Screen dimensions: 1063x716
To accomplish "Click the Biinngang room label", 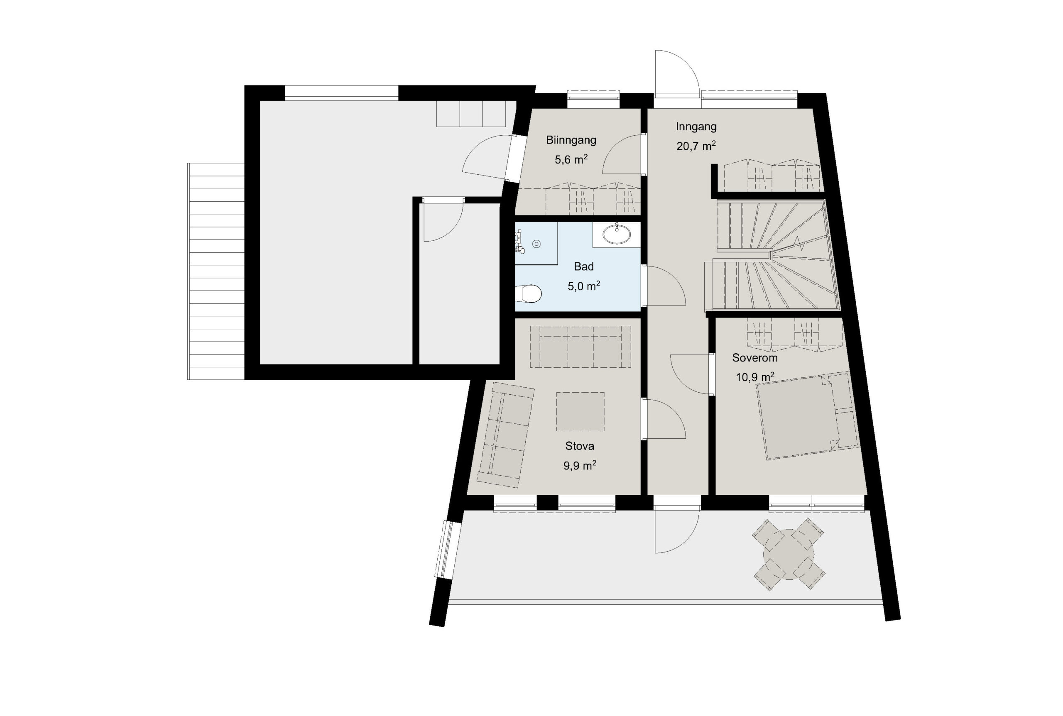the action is point(571,140).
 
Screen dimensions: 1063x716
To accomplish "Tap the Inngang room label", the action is point(696,127).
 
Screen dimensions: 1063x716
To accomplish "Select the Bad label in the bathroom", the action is point(584,266).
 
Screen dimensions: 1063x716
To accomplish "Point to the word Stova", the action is point(580,446).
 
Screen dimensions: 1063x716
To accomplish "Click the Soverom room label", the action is point(754,358).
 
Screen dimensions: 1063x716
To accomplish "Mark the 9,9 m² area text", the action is point(580,465).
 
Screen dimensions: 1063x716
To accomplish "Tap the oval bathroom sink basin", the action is point(617,235).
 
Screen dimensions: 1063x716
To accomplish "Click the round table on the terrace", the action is point(789,555).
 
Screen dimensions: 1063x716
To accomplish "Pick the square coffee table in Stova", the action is point(580,411).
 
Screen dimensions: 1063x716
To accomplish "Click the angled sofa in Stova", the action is point(505,434).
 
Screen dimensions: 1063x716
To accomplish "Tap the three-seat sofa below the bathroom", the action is point(580,347).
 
